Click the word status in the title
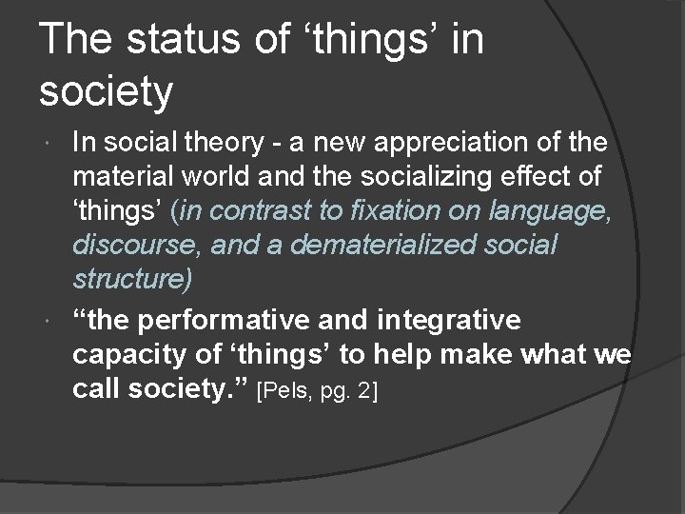[178, 41]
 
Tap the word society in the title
[106, 90]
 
